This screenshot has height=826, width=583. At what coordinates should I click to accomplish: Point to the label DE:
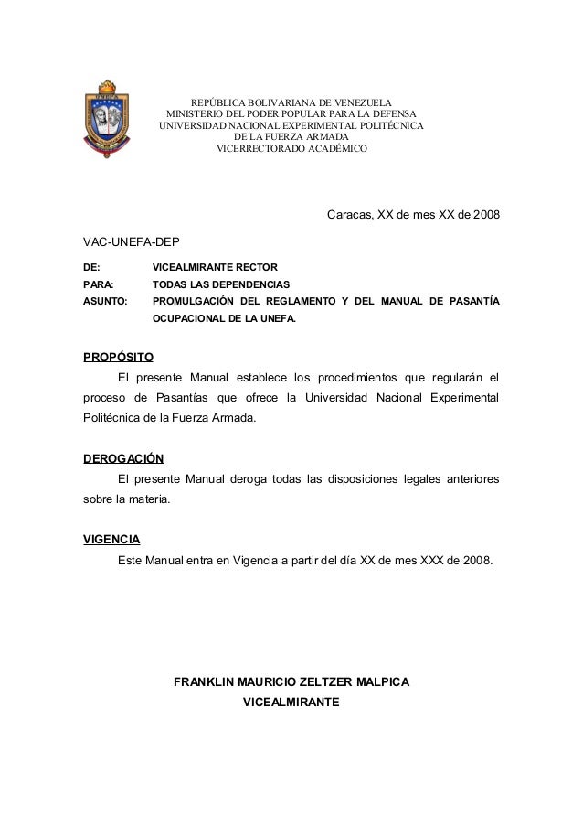click(x=92, y=267)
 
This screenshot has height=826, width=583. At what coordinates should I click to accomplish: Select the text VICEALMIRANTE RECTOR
click(x=209, y=267)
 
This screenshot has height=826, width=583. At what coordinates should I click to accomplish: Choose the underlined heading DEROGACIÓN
click(x=123, y=458)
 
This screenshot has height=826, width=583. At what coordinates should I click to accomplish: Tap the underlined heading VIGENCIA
click(x=111, y=539)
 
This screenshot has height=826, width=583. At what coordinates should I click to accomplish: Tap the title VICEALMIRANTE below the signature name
click(x=291, y=703)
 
